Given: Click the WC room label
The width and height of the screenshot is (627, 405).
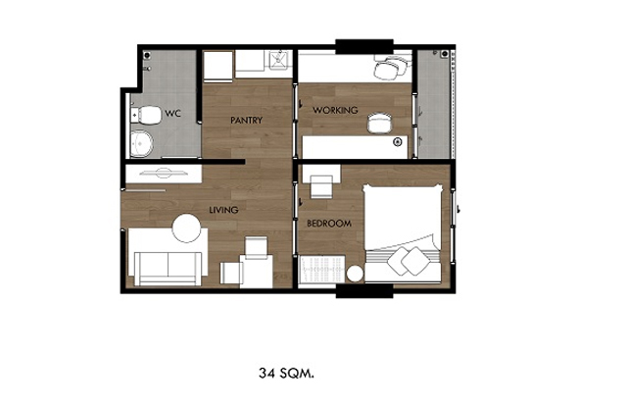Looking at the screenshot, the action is coord(172,113).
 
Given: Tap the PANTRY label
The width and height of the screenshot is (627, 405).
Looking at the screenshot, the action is coord(246,120).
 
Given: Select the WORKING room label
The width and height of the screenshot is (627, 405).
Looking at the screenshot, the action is coord(335,110).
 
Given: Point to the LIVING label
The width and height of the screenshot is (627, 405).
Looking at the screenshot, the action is coord(223,210).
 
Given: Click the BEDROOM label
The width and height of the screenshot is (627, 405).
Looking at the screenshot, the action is coord(329,224).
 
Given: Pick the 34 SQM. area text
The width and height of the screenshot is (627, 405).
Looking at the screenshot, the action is coord(286,374).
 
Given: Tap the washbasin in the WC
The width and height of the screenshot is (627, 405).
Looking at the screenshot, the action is coord(141,143).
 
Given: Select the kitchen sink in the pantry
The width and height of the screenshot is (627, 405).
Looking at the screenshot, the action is coord(278,60).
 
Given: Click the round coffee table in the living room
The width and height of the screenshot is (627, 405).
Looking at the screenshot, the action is coord(186,228).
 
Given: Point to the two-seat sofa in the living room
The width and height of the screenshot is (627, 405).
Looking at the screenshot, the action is coord(168,268).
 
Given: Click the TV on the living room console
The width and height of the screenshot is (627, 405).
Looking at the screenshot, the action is coord(163,173).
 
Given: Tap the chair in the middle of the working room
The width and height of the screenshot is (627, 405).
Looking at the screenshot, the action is coord(379,123).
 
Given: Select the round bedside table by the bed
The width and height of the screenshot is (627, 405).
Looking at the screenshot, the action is coord(355,275).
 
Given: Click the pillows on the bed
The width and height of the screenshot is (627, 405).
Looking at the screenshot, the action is coord(409,260).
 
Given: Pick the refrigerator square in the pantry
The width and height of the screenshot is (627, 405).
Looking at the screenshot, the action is coord(217,66).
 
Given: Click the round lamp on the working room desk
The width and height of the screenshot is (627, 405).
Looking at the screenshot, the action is coord(398,141).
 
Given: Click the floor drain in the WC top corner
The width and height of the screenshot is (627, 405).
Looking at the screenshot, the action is coord(147,55).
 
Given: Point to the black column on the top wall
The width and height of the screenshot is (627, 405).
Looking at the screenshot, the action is coord(364,46).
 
